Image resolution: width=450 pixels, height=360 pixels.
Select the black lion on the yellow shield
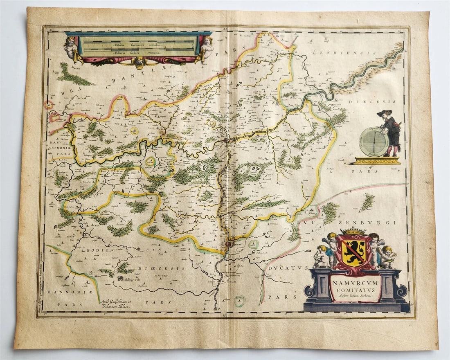coord(352,250)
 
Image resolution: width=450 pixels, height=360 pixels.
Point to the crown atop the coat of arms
coord(352,232)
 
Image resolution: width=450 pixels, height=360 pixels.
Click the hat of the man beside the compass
coord(385,113)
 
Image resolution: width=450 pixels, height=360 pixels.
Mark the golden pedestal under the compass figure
coord(377,160)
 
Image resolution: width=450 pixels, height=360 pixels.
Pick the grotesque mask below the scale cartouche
coord(139,63)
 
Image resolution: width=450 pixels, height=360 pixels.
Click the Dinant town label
coord(236,246)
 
